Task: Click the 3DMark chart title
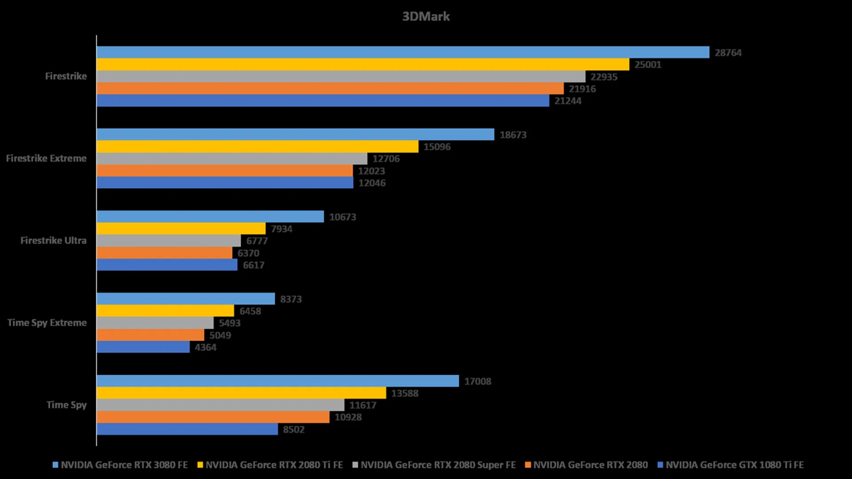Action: tap(426, 16)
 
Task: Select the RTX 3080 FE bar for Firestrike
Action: tap(402, 52)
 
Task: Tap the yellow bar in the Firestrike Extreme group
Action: tap(257, 146)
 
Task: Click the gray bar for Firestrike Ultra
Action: tap(169, 241)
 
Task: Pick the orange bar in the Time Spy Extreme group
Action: tap(150, 335)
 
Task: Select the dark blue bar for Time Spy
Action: tap(187, 429)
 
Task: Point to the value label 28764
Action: tap(728, 53)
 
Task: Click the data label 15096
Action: tap(437, 147)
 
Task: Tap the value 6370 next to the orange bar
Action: tap(248, 253)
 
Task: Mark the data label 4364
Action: tap(205, 347)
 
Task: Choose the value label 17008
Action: tap(477, 381)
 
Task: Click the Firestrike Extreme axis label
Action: tap(46, 158)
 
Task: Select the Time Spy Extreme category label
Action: tap(47, 323)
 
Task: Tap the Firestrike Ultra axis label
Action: tap(53, 240)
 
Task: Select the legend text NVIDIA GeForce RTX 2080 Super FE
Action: tap(438, 465)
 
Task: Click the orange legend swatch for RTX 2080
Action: tap(528, 465)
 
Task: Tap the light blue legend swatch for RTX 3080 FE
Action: tap(55, 465)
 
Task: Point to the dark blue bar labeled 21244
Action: tap(323, 101)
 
